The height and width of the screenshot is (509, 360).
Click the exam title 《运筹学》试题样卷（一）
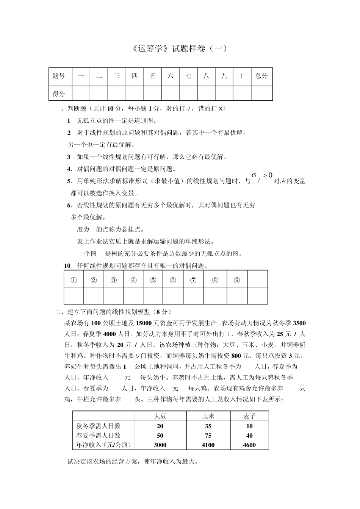point(180,48)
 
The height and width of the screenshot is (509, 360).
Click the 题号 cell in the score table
point(59,76)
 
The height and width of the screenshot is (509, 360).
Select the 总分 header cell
point(261,76)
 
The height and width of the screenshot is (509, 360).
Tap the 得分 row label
point(59,94)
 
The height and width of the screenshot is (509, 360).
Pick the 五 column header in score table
point(153,76)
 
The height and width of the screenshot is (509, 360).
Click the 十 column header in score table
point(242,76)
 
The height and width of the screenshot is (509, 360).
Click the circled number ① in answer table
point(74,280)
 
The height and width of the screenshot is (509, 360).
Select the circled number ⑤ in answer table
point(153,280)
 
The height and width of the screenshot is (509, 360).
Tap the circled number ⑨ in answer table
point(237,280)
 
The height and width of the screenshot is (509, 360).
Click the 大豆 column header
point(160,416)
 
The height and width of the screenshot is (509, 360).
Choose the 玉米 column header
point(208,416)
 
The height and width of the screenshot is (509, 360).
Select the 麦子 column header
point(249,416)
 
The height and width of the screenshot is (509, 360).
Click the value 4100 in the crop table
point(208,445)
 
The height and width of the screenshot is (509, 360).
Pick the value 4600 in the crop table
point(249,445)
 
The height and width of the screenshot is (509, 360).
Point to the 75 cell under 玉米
point(208,436)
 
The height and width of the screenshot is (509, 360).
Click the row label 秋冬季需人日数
point(98,426)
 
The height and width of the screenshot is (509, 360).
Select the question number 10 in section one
point(67,266)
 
